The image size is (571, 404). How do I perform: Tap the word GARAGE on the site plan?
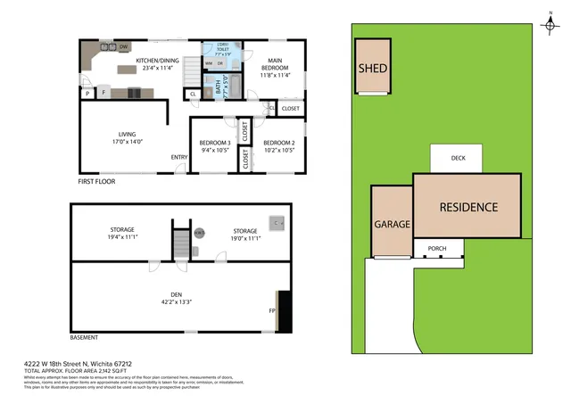tap(392, 225)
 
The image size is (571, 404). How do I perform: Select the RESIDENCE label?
tap(468, 207)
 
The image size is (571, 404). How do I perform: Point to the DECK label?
tap(458, 158)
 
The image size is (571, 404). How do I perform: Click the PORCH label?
tap(437, 248)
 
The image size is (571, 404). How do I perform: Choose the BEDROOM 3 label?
tap(215, 143)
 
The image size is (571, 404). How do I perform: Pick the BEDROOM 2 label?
tap(278, 143)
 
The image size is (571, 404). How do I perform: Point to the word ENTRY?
tap(179, 159)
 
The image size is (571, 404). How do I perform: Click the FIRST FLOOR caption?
tap(97, 181)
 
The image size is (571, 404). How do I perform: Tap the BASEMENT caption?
tap(84, 338)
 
